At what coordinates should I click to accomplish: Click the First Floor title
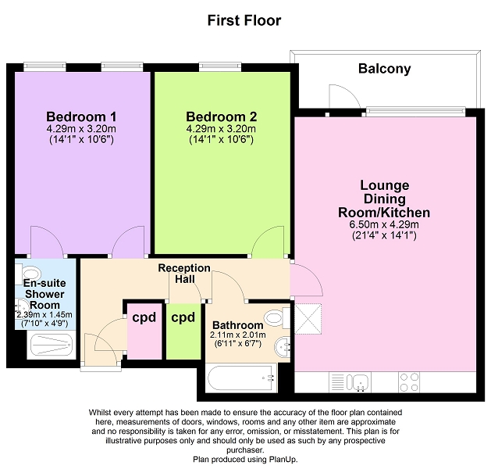(244, 20)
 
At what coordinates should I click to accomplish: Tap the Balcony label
(385, 69)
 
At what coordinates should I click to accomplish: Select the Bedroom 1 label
(81, 116)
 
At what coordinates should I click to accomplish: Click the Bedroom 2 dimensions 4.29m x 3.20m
(221, 128)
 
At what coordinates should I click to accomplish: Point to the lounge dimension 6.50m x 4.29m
(384, 224)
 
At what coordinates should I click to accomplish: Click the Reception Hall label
(184, 274)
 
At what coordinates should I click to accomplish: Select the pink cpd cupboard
(144, 331)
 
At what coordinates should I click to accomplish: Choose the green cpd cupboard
(183, 331)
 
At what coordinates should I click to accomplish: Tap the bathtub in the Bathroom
(241, 378)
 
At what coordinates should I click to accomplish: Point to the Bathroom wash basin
(283, 347)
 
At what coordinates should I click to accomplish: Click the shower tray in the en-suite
(52, 345)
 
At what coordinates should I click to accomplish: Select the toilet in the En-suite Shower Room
(29, 274)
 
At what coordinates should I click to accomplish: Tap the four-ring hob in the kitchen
(409, 382)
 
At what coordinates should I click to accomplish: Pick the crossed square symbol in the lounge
(308, 319)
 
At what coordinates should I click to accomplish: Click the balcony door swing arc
(350, 91)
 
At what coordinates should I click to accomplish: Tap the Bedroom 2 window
(220, 66)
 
